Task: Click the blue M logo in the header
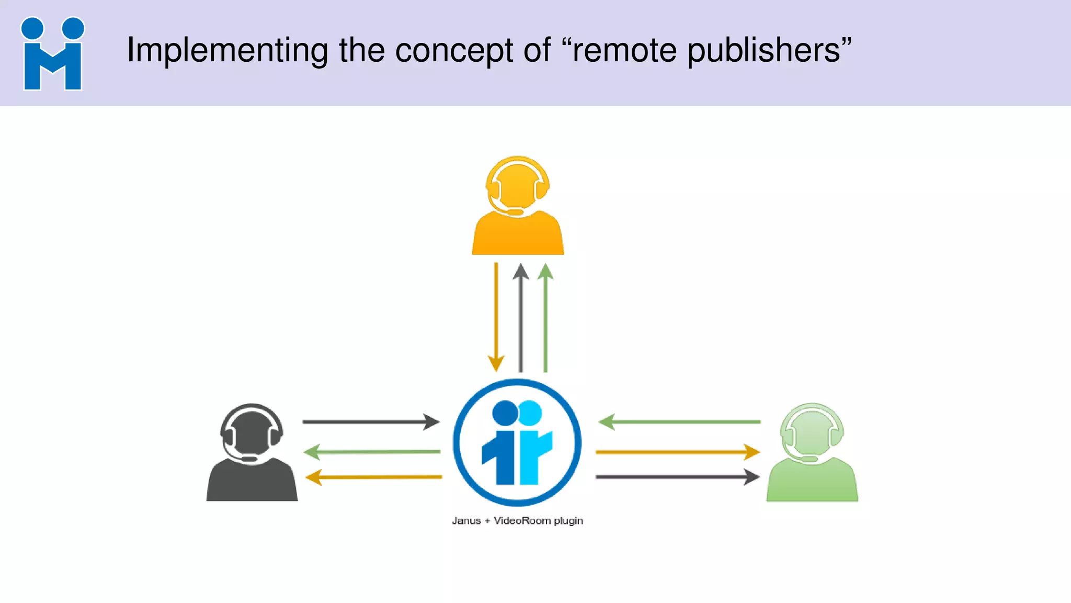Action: coord(52,54)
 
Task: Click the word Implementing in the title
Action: coord(227,50)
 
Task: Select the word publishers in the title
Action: coord(763,51)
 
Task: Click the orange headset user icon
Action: coord(518,207)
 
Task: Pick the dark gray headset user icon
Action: coord(252,453)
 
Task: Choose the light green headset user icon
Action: coord(812,453)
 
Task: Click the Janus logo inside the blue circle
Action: coord(517,442)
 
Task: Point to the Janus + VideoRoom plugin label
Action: coord(517,521)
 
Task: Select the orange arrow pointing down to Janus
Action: coord(496,317)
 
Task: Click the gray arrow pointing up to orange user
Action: coord(520,317)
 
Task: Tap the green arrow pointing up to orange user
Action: coord(545,317)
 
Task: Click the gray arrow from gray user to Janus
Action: coord(371,421)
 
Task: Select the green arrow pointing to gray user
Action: coord(372,451)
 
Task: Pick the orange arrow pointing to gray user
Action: coord(373,477)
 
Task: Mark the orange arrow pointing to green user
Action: coord(678,452)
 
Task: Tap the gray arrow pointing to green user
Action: coord(678,477)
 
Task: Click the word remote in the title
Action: coord(624,50)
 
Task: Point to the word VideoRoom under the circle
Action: coord(522,521)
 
